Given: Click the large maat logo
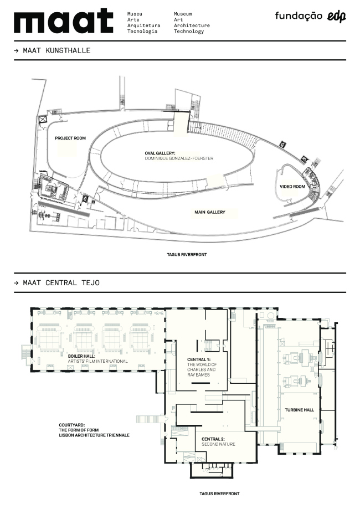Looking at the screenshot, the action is pyautogui.click(x=64, y=22).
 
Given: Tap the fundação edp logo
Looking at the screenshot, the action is pyautogui.click(x=310, y=16).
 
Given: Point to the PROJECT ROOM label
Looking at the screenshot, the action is pyautogui.click(x=70, y=138).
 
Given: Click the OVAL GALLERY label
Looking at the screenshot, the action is pyautogui.click(x=160, y=153).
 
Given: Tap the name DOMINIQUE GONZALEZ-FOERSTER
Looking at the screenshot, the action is pyautogui.click(x=179, y=158).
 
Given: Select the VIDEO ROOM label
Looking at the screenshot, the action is pyautogui.click(x=292, y=187).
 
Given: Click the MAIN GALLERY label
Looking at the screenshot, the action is pyautogui.click(x=210, y=212).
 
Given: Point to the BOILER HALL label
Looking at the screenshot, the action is pyautogui.click(x=81, y=356).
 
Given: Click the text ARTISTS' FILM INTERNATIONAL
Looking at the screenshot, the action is pyautogui.click(x=97, y=361).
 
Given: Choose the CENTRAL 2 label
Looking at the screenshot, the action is pyautogui.click(x=213, y=439).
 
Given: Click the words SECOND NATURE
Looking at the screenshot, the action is pyautogui.click(x=218, y=444).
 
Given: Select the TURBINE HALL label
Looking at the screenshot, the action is pyautogui.click(x=299, y=410).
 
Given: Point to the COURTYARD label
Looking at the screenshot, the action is pyautogui.click(x=72, y=425).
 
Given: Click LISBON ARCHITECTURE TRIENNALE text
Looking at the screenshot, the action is pyautogui.click(x=94, y=435).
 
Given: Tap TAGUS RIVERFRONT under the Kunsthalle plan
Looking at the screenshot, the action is pyautogui.click(x=187, y=255).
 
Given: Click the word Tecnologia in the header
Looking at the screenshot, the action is pyautogui.click(x=142, y=32).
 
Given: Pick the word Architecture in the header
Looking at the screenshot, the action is pyautogui.click(x=192, y=25).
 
